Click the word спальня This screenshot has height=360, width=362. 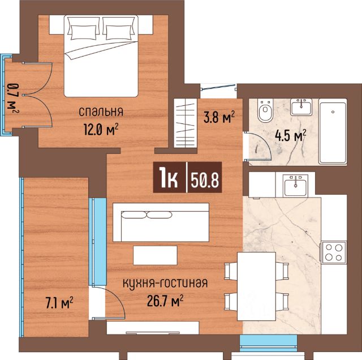coord(101,112)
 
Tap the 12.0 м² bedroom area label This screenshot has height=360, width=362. coord(101,130)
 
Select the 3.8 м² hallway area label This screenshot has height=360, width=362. coord(219,117)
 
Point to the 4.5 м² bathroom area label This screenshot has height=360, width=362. coord(290,136)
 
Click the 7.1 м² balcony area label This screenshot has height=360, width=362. coord(59,303)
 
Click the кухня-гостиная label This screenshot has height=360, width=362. coord(165,282)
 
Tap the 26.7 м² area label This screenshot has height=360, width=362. coord(165,300)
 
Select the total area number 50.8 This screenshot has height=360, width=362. coord(205,178)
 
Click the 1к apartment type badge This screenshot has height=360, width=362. coord(169,178)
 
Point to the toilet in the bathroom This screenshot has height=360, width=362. coord(265,110)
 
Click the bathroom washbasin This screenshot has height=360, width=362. coord(301,107)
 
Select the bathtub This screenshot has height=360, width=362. coord(333,131)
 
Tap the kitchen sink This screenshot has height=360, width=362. coord(295,185)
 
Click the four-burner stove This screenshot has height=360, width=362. coord(333,252)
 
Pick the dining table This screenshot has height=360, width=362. coord(256,286)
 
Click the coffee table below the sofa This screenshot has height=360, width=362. coord(155,255)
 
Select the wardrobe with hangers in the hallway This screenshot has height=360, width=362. coord(186,123)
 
